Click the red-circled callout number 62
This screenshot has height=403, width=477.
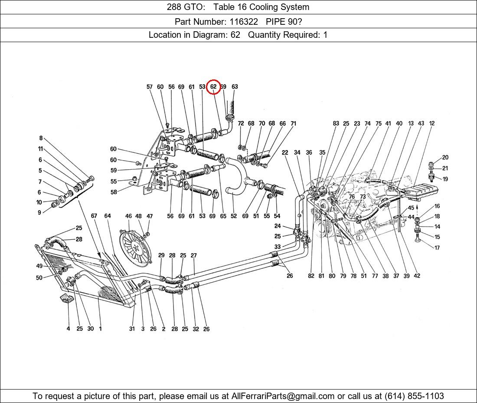(x=213, y=87)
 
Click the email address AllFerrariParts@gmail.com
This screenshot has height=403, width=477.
(x=283, y=396)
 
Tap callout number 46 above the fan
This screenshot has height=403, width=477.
(x=128, y=216)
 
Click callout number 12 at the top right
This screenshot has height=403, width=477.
(x=432, y=124)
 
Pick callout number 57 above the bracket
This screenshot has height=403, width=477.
(x=150, y=87)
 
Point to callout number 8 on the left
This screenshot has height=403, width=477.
(x=41, y=139)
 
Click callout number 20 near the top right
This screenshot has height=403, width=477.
(x=445, y=158)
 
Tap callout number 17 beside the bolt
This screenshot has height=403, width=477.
(x=437, y=248)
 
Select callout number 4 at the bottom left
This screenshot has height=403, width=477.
(x=68, y=329)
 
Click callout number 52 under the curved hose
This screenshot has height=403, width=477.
(x=234, y=216)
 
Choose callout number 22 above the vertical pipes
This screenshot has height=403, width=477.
(x=285, y=152)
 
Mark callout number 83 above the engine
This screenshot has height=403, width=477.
(x=336, y=124)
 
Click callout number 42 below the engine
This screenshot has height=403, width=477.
(x=417, y=276)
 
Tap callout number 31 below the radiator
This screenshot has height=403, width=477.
(x=132, y=329)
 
